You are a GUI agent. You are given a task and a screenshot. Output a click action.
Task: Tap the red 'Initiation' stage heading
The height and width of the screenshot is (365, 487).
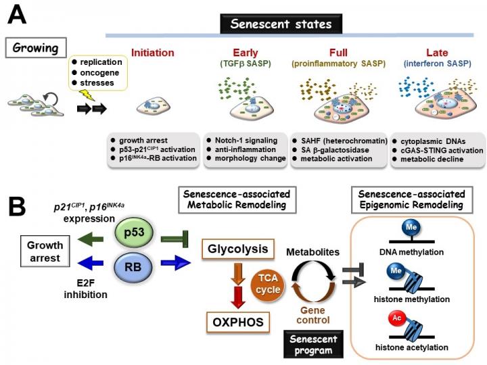tap(152, 53)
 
